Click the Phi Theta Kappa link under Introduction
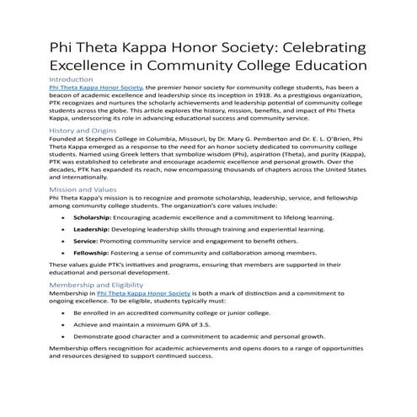coord(96,87)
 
